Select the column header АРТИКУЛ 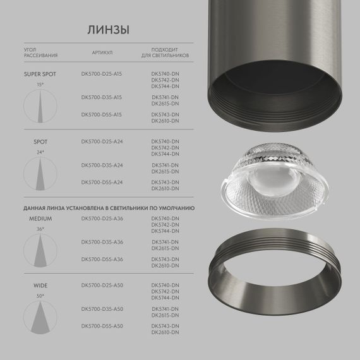(102, 54)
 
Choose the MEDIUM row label (40, 219)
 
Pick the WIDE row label (40, 285)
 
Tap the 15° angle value (40, 84)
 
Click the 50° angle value (40, 296)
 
